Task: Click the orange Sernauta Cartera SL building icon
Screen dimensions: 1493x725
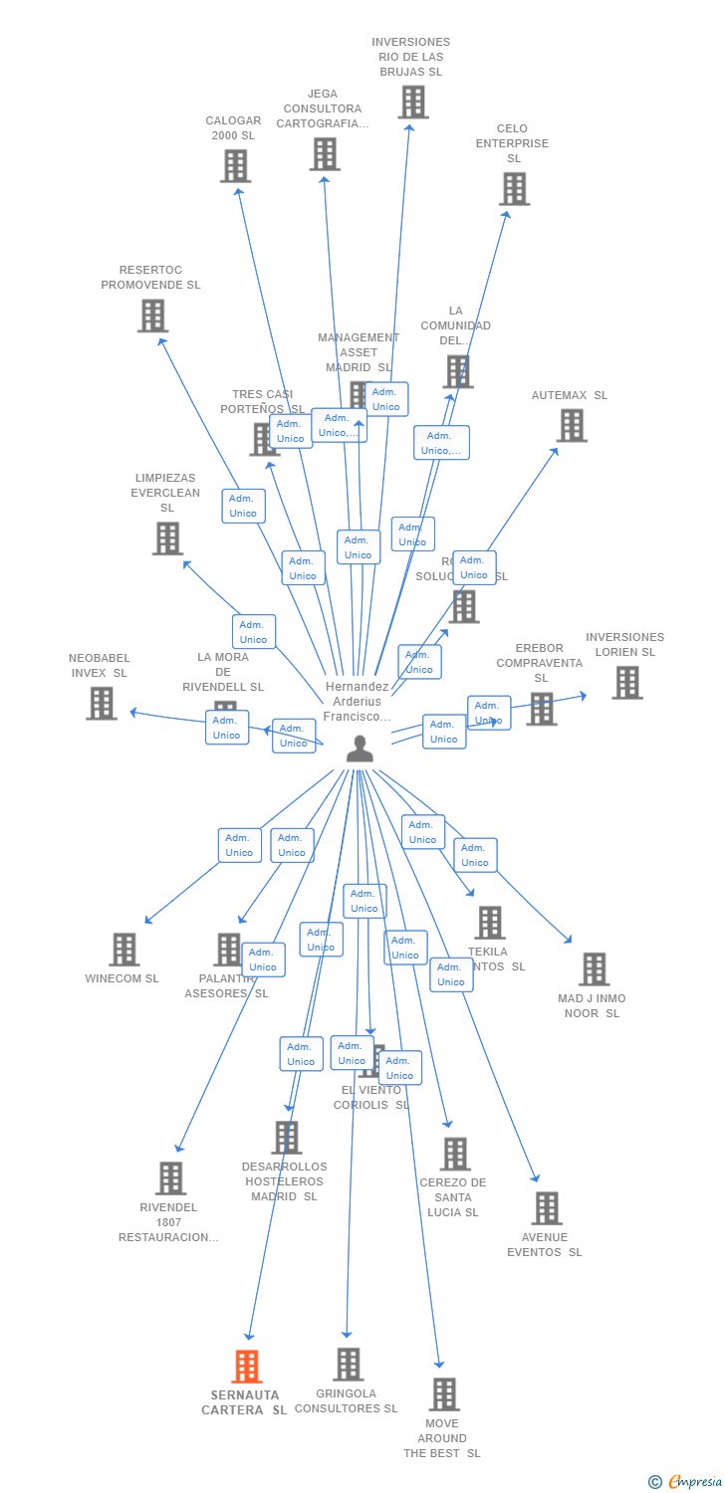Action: pyautogui.click(x=247, y=1366)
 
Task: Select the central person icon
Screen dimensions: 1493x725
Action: pyautogui.click(x=360, y=748)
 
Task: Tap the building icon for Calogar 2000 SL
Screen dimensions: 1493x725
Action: pyautogui.click(x=235, y=165)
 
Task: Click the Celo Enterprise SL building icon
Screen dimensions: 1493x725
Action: pyautogui.click(x=514, y=188)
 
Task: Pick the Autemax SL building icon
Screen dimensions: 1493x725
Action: pyautogui.click(x=571, y=425)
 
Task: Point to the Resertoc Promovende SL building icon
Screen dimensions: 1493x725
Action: pyautogui.click(x=152, y=316)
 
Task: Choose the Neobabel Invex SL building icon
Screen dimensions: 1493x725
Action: pyautogui.click(x=102, y=703)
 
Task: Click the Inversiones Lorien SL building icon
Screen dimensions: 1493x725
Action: pyautogui.click(x=626, y=682)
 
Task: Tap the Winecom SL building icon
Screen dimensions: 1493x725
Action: pyautogui.click(x=123, y=949)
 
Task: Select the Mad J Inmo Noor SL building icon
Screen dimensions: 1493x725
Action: pyautogui.click(x=594, y=968)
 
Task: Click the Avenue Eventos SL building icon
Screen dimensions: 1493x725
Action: pyautogui.click(x=546, y=1207)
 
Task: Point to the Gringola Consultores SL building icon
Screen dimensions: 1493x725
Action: pyautogui.click(x=348, y=1364)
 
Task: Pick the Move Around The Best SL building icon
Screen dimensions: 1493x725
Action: pyautogui.click(x=444, y=1393)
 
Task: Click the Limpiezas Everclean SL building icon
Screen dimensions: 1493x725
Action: pyautogui.click(x=167, y=537)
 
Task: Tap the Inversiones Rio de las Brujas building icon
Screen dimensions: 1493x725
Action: pyautogui.click(x=412, y=102)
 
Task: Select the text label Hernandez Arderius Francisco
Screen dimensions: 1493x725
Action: pyautogui.click(x=357, y=702)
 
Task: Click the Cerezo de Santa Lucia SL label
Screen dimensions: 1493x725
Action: pyautogui.click(x=453, y=1197)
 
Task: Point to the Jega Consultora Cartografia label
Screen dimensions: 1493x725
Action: pyautogui.click(x=323, y=108)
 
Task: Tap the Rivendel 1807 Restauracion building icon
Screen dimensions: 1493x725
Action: pyautogui.click(x=170, y=1177)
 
